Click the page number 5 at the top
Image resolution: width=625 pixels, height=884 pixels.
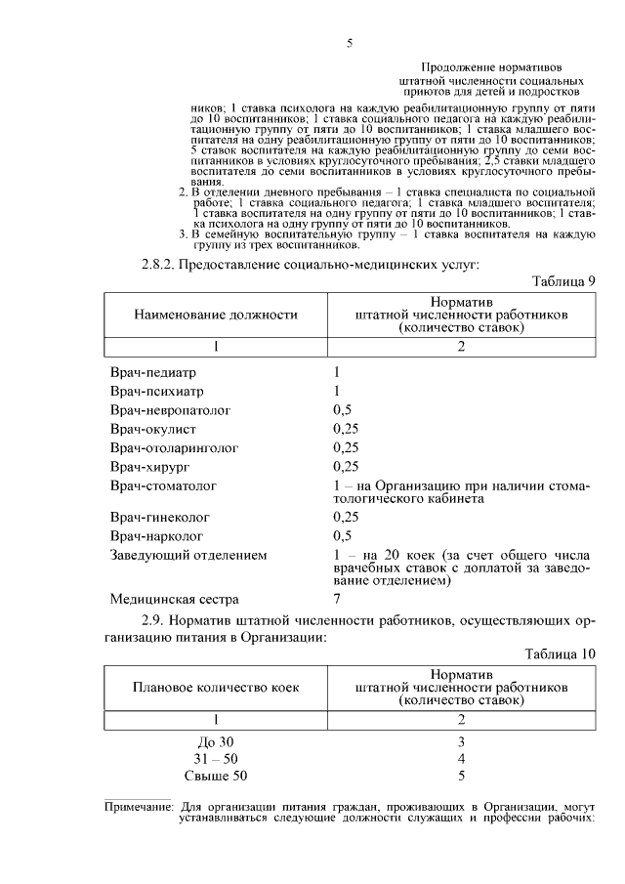(x=350, y=43)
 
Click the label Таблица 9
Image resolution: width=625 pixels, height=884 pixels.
(x=563, y=281)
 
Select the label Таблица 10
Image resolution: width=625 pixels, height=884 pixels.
(x=560, y=653)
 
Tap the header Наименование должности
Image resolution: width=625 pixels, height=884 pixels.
(x=216, y=316)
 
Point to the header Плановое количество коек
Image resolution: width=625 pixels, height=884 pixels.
(x=216, y=687)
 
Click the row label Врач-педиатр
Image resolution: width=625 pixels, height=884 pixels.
(x=153, y=372)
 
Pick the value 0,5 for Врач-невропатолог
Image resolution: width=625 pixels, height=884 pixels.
(x=342, y=409)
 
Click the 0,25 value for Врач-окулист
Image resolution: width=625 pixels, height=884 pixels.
(x=346, y=429)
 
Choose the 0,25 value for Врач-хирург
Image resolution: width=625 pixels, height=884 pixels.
(x=346, y=466)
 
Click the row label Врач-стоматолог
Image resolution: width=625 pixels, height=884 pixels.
(x=163, y=484)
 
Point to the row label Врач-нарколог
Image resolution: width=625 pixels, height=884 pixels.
(x=157, y=535)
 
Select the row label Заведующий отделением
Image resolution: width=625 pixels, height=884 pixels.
(x=187, y=555)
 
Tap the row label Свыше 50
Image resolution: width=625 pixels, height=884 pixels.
(x=216, y=776)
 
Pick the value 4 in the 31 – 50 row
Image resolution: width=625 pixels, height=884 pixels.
(x=462, y=758)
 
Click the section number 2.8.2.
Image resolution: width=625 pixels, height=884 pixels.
(x=162, y=263)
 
